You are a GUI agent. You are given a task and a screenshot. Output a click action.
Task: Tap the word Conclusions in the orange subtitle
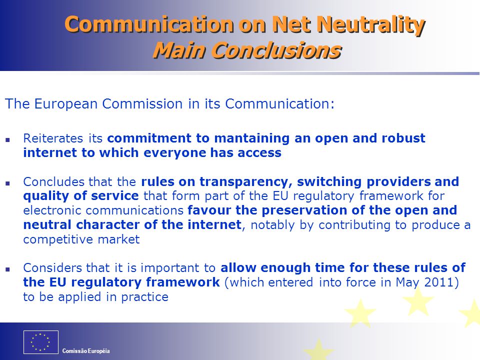point(276,50)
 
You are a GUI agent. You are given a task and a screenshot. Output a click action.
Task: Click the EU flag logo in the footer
point(40,342)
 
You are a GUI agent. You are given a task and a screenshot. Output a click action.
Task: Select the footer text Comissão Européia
point(86,351)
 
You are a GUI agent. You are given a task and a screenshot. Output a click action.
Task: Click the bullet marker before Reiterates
point(7,140)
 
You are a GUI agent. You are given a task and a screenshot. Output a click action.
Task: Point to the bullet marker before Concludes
point(7,183)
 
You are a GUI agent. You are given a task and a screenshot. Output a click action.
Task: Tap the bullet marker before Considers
point(7,269)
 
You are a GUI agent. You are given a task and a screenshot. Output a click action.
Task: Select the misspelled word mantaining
point(252,138)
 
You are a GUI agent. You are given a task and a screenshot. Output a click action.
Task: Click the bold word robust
point(403,138)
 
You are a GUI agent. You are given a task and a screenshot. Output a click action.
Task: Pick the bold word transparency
point(246,182)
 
